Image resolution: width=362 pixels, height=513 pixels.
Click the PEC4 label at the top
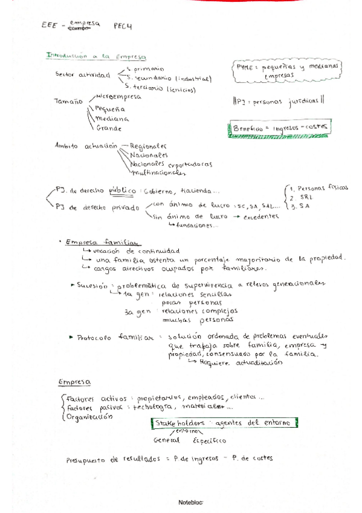(123, 26)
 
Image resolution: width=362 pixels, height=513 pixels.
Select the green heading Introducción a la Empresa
(96, 56)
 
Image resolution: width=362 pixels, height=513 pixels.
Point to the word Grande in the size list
(109, 128)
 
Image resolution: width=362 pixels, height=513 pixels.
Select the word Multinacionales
(159, 172)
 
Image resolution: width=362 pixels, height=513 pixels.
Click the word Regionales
(149, 146)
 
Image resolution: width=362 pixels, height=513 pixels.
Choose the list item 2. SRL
(299, 198)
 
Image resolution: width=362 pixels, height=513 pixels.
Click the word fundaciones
(197, 226)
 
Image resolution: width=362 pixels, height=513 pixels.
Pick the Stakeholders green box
(221, 423)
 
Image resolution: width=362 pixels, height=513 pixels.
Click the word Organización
(90, 417)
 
